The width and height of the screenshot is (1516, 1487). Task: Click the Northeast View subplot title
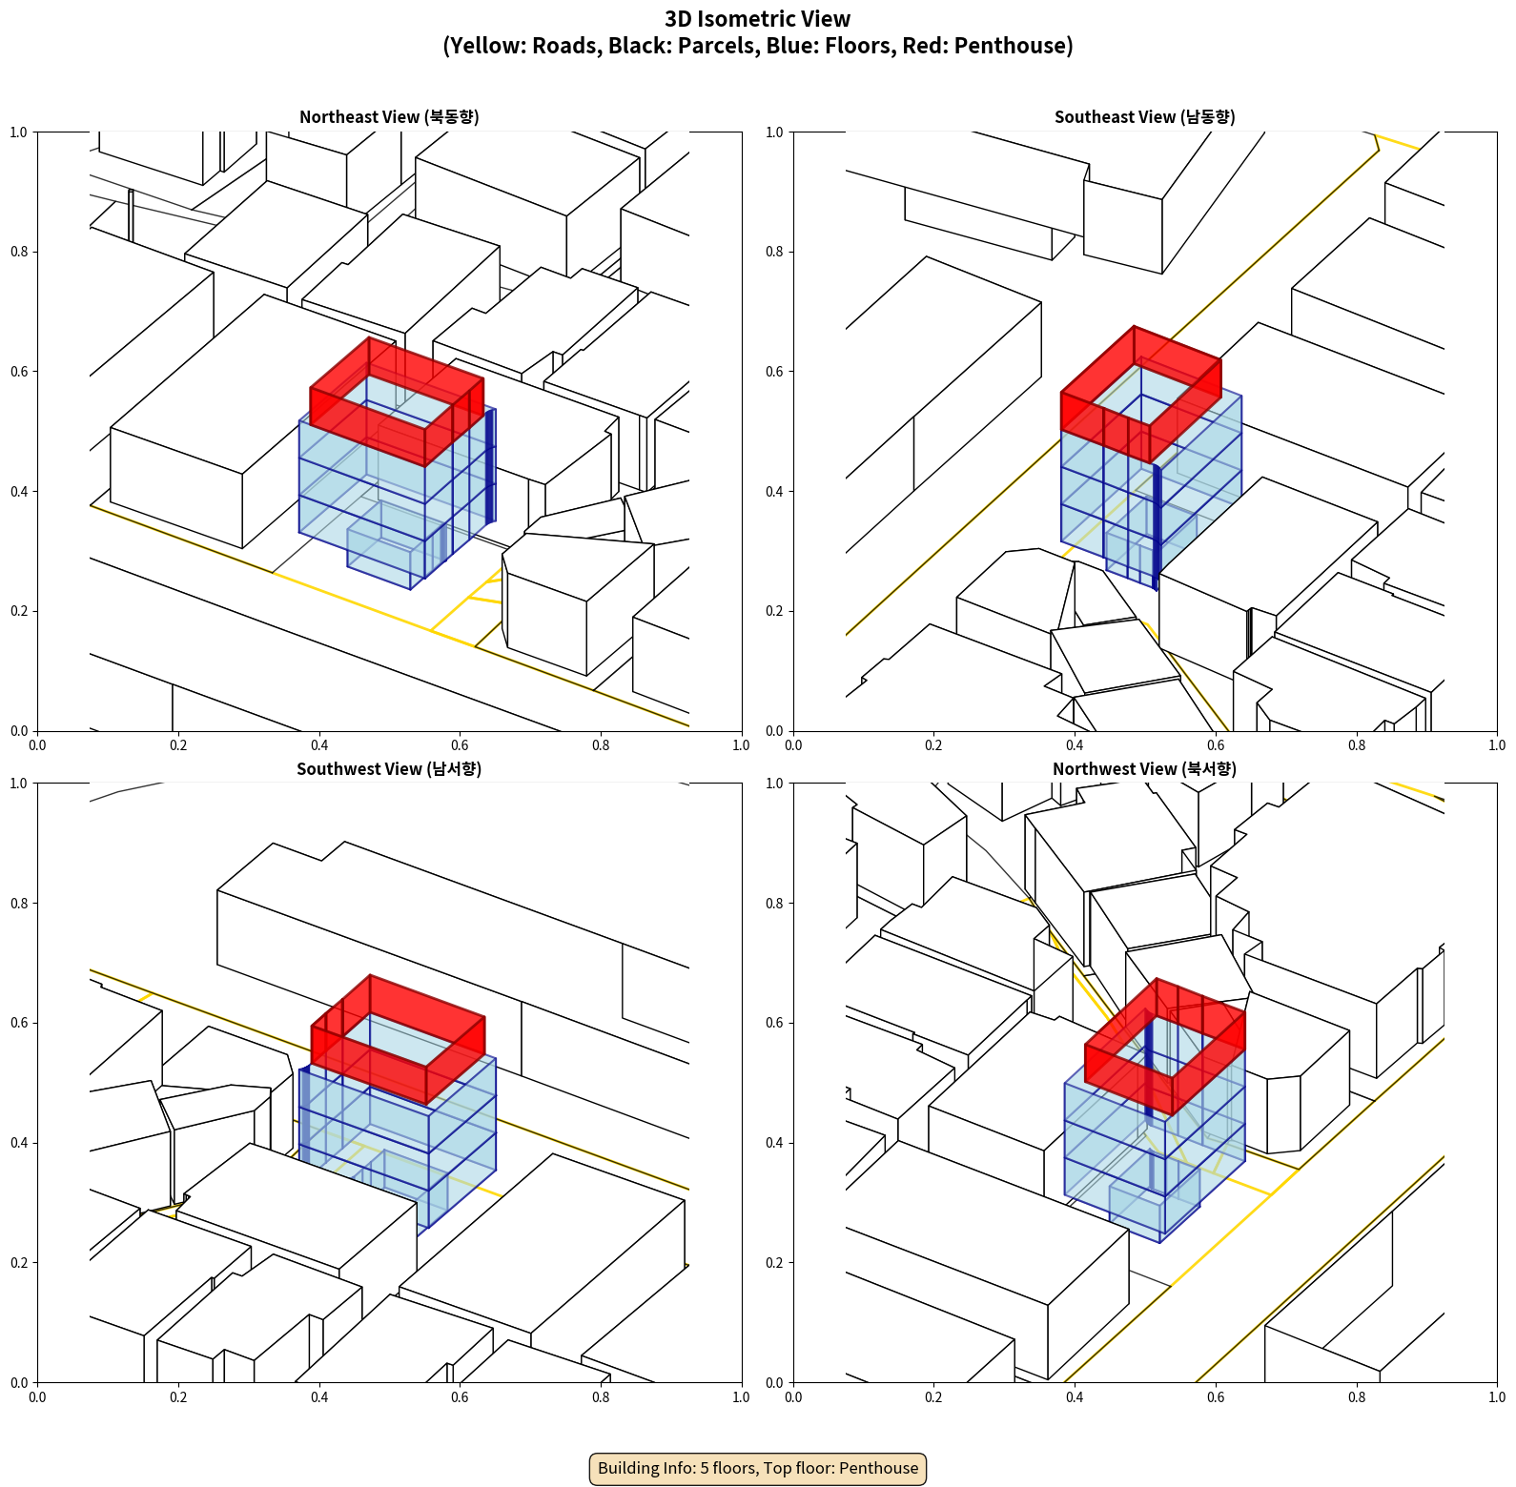point(389,117)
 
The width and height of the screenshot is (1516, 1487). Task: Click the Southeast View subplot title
point(1144,117)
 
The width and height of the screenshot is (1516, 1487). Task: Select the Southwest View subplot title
point(389,769)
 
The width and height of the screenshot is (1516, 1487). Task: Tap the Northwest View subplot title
point(1144,769)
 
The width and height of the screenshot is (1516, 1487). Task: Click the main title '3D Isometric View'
point(757,19)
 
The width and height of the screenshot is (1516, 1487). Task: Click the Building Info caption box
point(758,1468)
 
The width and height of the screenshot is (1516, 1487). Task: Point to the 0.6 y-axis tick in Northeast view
point(19,372)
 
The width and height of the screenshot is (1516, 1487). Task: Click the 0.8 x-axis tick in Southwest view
point(601,1397)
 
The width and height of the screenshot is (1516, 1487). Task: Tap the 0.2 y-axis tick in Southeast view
point(775,611)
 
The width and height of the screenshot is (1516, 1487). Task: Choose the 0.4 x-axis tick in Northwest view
point(1075,1397)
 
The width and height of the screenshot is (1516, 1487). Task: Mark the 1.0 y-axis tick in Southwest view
point(19,784)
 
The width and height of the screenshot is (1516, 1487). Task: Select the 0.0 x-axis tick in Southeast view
point(793,745)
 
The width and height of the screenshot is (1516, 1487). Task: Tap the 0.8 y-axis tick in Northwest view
point(775,904)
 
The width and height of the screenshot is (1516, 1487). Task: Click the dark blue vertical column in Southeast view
point(1157,524)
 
